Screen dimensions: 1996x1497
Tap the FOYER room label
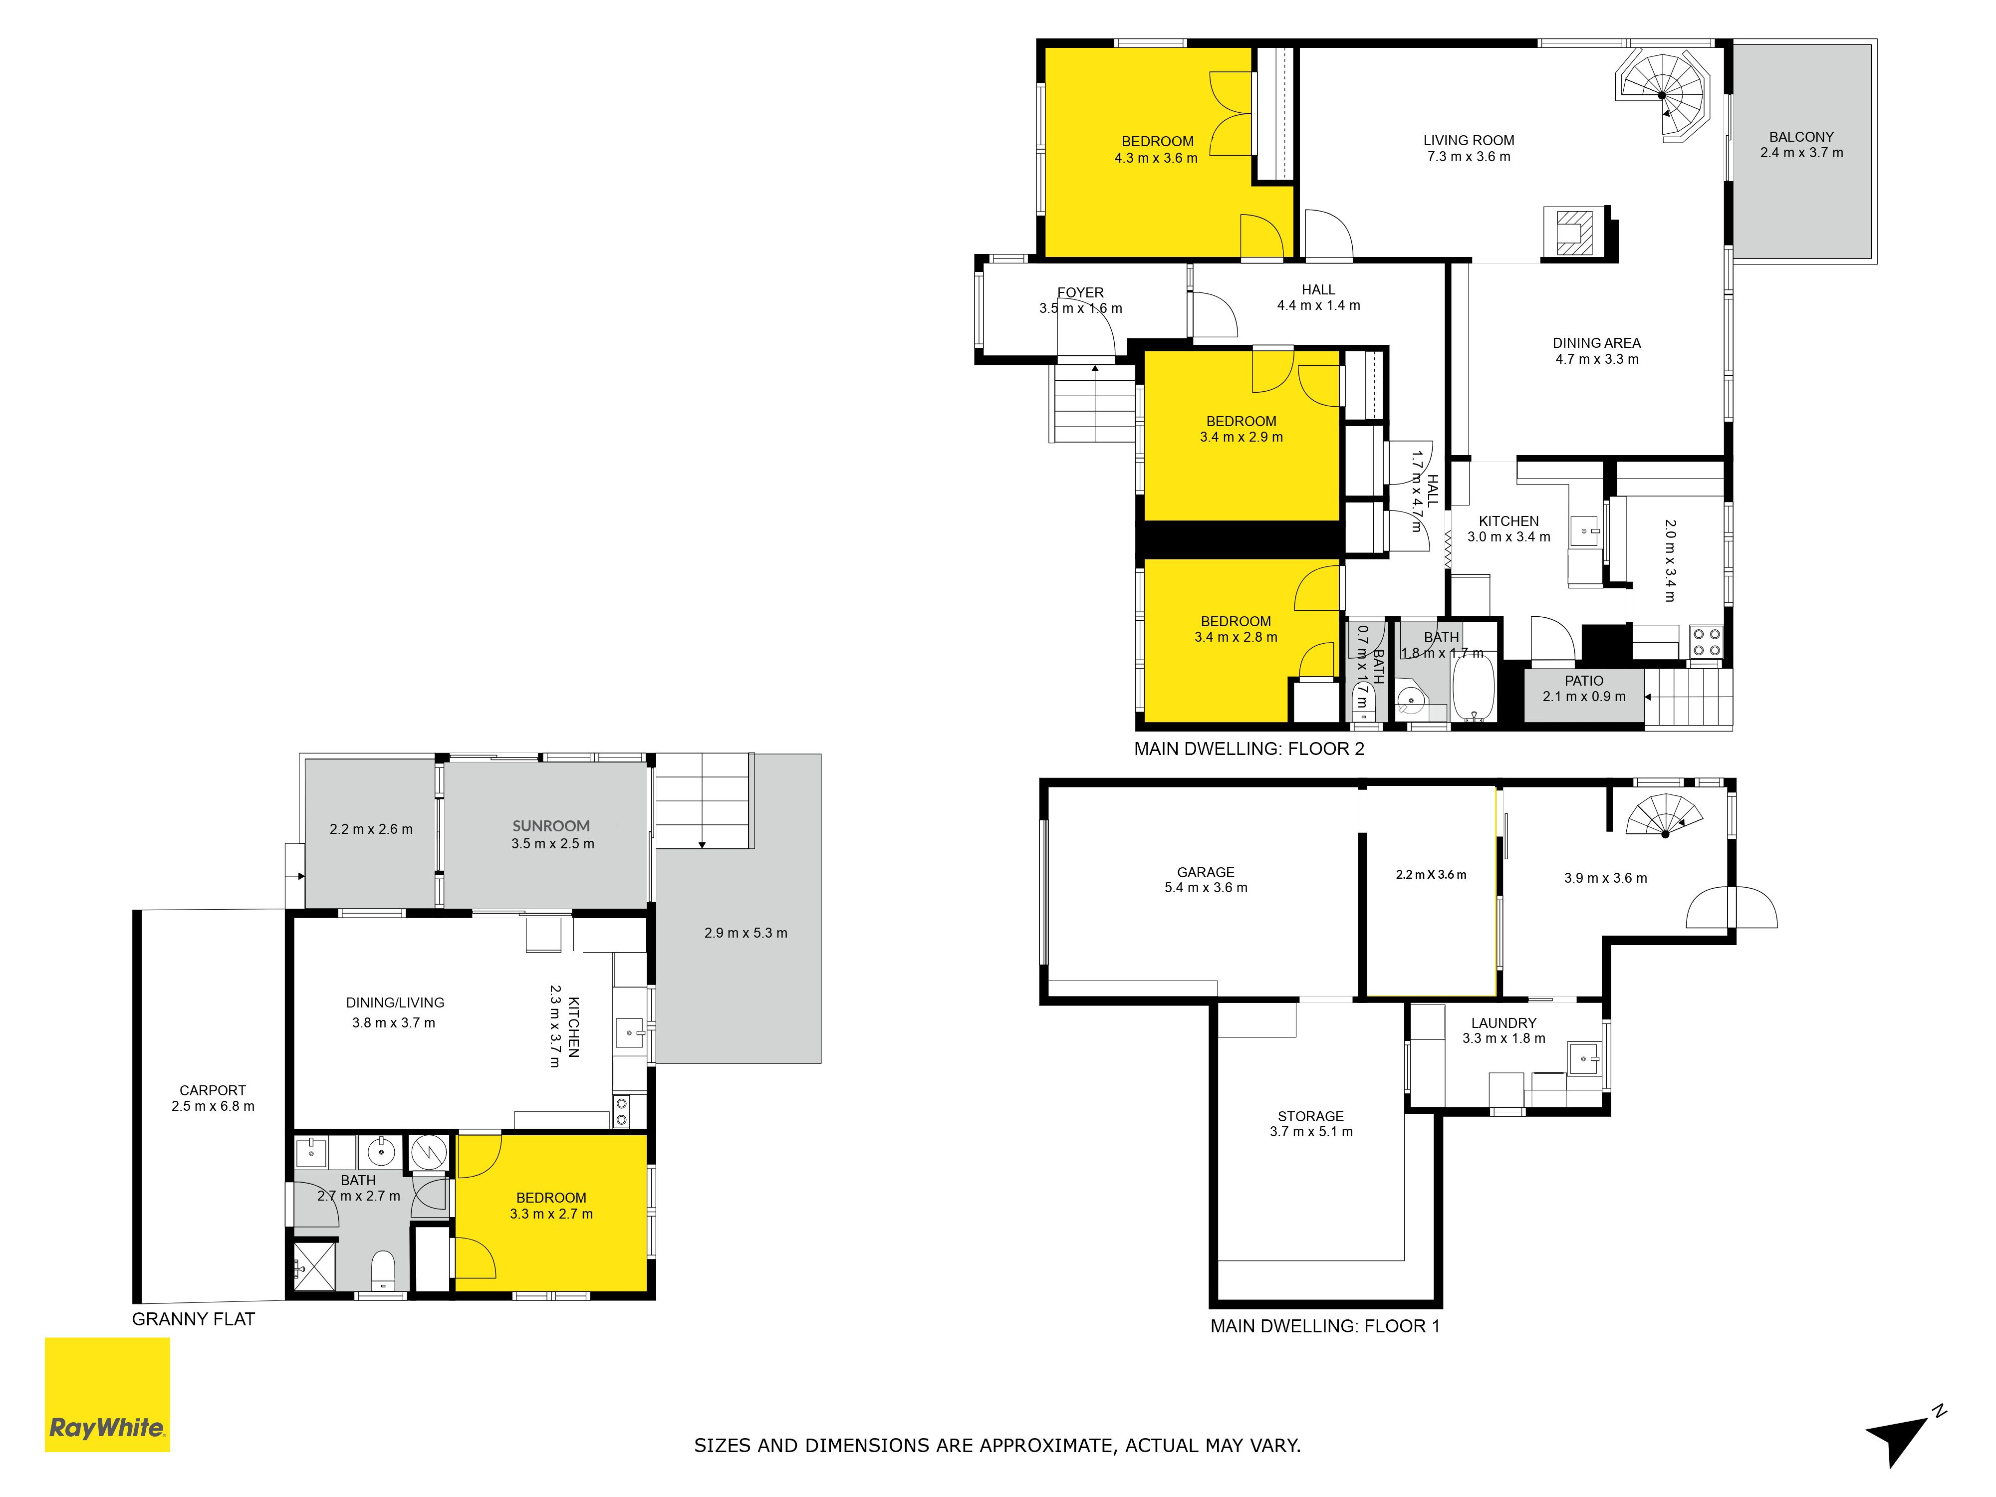click(1080, 292)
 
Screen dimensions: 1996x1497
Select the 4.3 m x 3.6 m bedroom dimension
click(1156, 158)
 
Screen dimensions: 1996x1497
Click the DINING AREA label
click(1596, 343)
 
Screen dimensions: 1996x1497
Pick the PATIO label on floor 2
click(1584, 680)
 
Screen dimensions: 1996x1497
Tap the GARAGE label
click(1206, 872)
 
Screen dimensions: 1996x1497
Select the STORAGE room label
click(1310, 1116)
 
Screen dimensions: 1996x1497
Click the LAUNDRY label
click(1503, 1022)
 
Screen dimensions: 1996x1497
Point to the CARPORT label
click(212, 1090)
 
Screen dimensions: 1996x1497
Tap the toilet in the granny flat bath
click(384, 1269)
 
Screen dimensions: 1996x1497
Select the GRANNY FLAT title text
click(193, 1319)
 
